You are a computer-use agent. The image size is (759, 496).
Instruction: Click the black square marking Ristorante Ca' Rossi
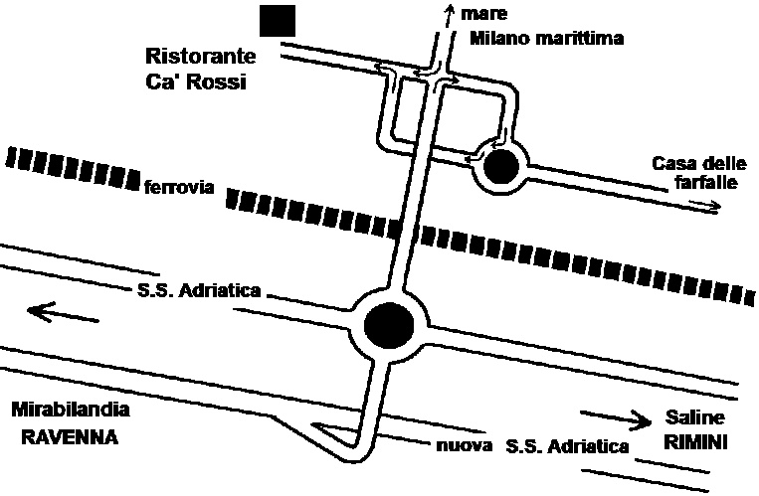277,20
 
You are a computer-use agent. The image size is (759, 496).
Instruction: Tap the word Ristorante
200,56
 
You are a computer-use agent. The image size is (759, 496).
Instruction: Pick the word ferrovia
179,187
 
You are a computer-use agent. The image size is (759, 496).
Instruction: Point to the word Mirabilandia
70,410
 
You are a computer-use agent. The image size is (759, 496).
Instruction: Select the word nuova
463,446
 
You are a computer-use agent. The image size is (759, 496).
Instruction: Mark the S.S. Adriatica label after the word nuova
568,446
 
